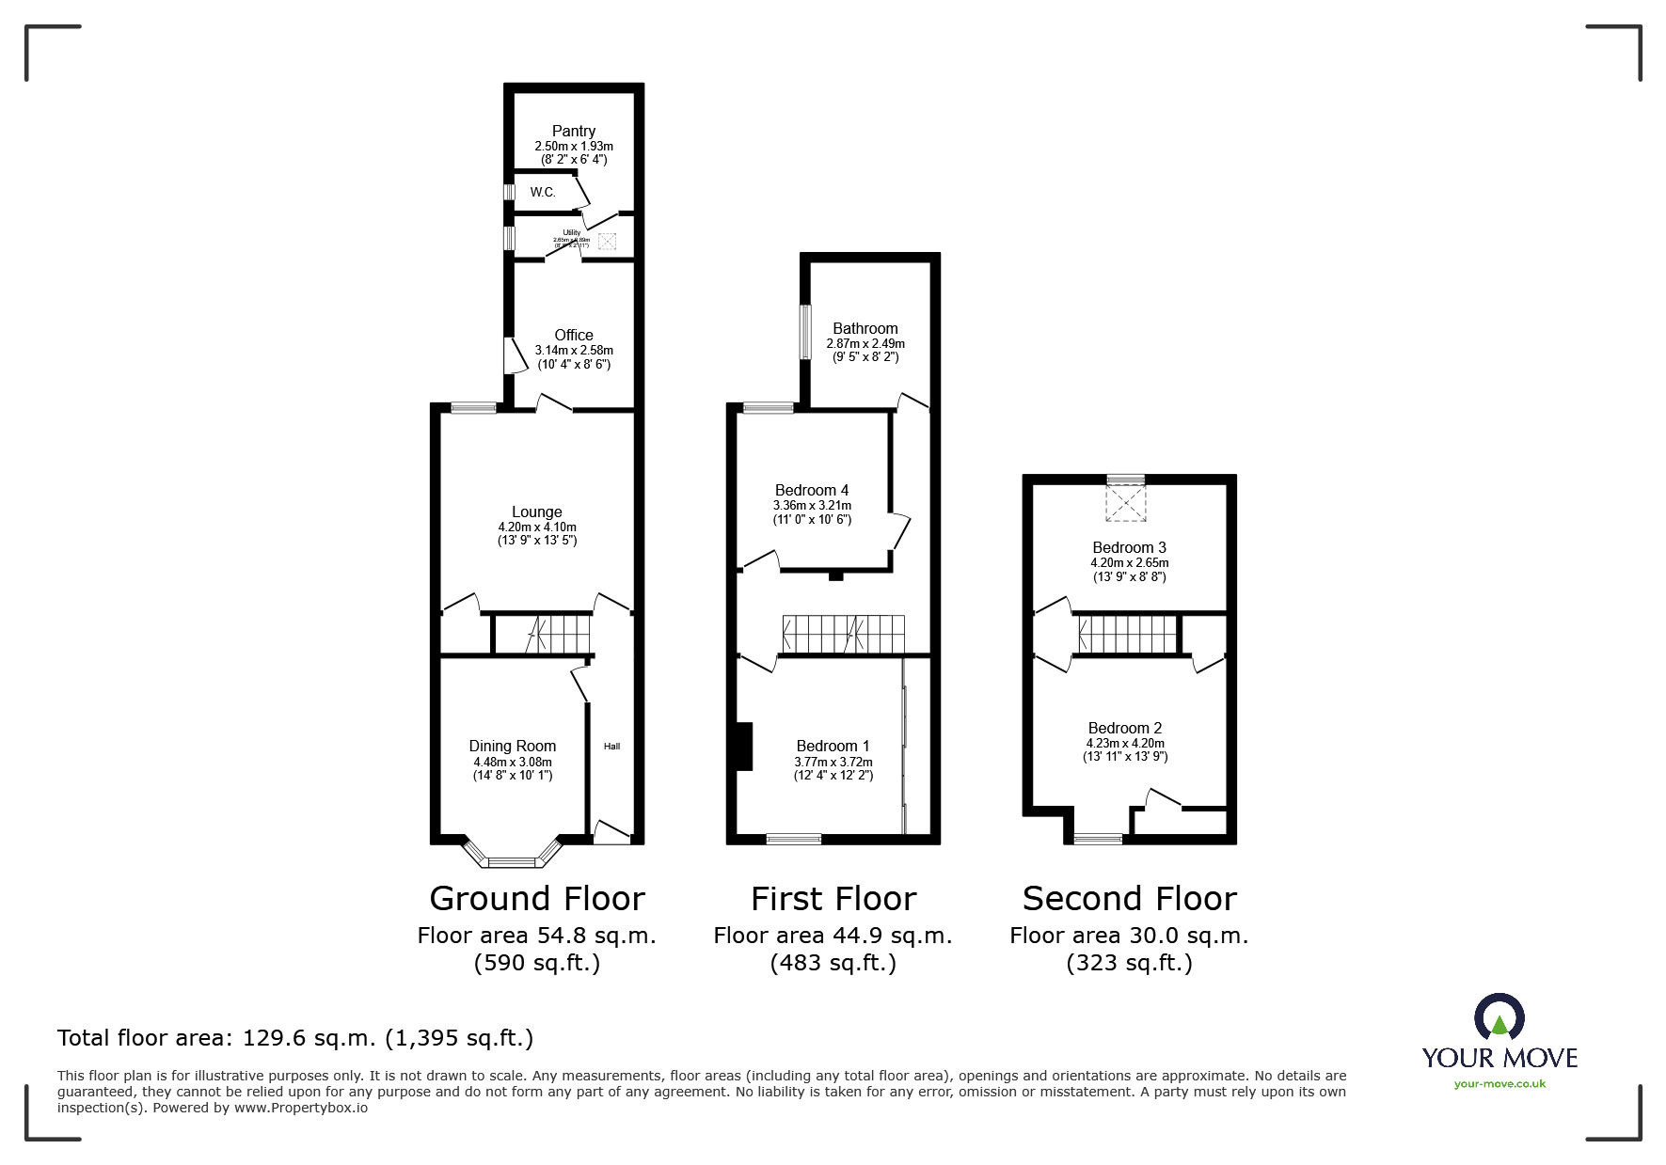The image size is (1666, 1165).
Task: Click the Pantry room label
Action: (x=573, y=132)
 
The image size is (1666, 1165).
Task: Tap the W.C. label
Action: (x=543, y=192)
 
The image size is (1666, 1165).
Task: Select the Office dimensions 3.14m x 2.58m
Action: (x=573, y=350)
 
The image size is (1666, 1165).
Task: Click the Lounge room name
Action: (x=536, y=512)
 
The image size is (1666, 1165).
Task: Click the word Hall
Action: (x=611, y=747)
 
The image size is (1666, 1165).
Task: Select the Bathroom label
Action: (x=865, y=328)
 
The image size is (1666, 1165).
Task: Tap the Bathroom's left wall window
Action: (x=805, y=331)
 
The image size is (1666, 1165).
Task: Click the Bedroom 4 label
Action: (x=811, y=490)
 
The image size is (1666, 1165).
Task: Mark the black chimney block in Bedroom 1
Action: (x=744, y=747)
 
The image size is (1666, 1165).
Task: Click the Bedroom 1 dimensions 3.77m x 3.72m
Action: (x=833, y=762)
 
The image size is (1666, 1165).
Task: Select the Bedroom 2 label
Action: (x=1124, y=728)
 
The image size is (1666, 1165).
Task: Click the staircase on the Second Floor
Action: (x=1127, y=634)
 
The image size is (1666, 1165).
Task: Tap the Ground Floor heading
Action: (x=536, y=899)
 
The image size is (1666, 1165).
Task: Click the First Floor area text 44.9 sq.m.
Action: (x=833, y=936)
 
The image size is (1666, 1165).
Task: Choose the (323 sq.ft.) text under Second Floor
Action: (x=1129, y=963)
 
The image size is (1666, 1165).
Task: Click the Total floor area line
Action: (x=295, y=1038)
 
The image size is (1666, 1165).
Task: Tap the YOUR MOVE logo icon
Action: (x=1499, y=1018)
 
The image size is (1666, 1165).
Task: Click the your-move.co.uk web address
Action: (x=1499, y=1084)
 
